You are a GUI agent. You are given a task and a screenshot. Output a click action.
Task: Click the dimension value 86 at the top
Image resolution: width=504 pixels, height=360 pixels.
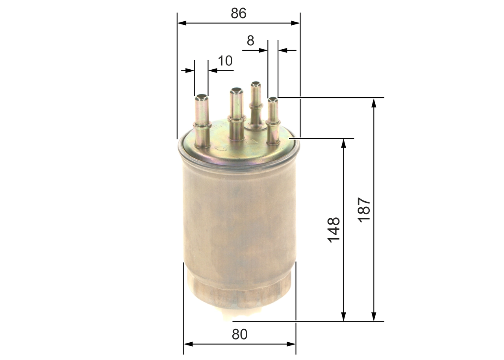coord(239,13)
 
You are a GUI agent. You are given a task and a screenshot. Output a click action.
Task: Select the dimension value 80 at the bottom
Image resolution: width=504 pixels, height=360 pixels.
coord(239,334)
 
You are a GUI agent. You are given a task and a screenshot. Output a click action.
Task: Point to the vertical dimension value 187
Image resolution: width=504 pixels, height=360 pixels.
coord(364,210)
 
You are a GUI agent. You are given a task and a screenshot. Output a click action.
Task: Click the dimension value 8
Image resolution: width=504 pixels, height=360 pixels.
coord(250,41)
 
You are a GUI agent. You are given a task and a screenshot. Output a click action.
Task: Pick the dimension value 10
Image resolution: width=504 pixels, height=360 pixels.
coord(225,61)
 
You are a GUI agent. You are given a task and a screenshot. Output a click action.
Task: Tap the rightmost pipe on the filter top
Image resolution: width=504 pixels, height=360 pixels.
coord(273,120)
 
